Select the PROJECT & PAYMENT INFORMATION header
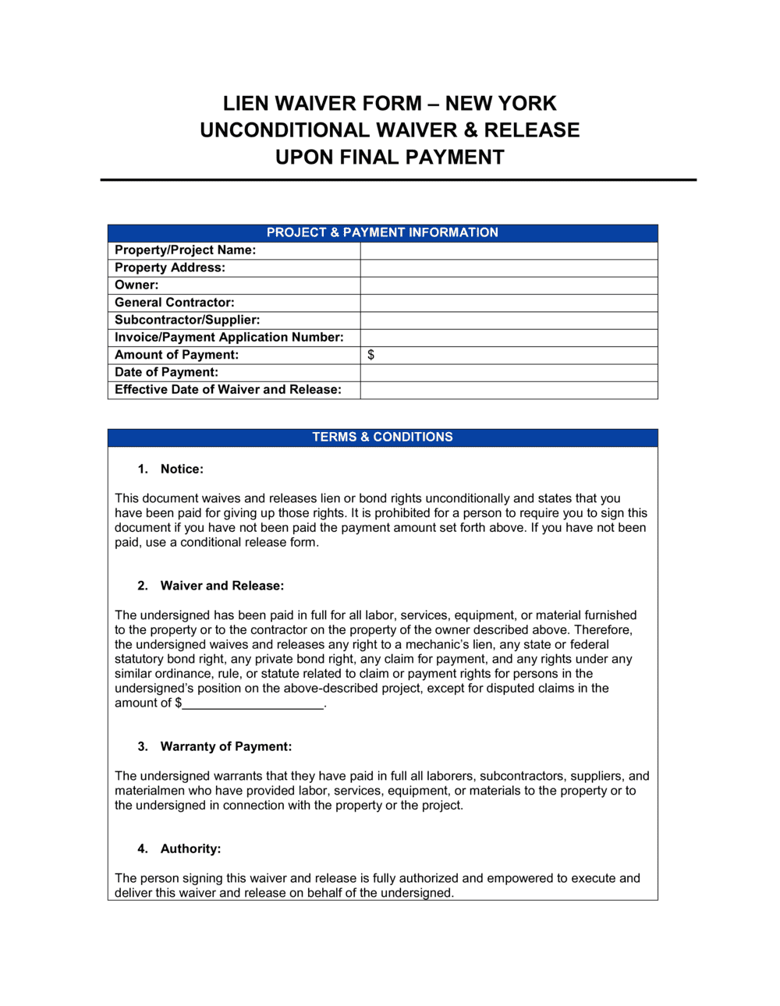[x=382, y=232]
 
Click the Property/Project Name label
[x=185, y=250]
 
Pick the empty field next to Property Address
[x=509, y=267]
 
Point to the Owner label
[x=136, y=285]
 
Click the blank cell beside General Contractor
[x=509, y=303]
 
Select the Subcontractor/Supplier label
[x=187, y=320]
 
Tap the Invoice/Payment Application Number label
[x=229, y=338]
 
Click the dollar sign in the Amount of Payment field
[x=370, y=355]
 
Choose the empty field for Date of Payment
[x=509, y=373]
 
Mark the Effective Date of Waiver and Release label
[x=228, y=390]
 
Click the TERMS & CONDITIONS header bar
[x=382, y=437]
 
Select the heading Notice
[x=182, y=469]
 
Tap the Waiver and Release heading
[x=222, y=586]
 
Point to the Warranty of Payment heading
[x=225, y=746]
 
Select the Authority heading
[x=190, y=848]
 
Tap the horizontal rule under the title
[x=398, y=180]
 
